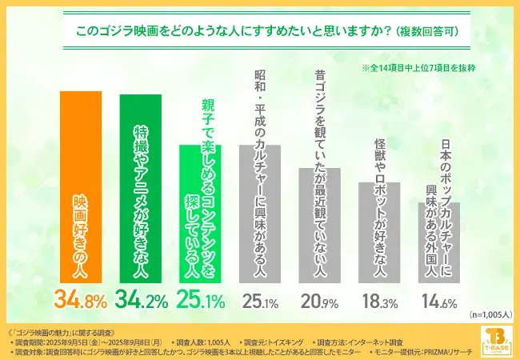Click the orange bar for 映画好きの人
(80, 187)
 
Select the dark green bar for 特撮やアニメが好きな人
(140, 189)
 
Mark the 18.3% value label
(379, 301)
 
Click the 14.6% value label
(438, 301)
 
